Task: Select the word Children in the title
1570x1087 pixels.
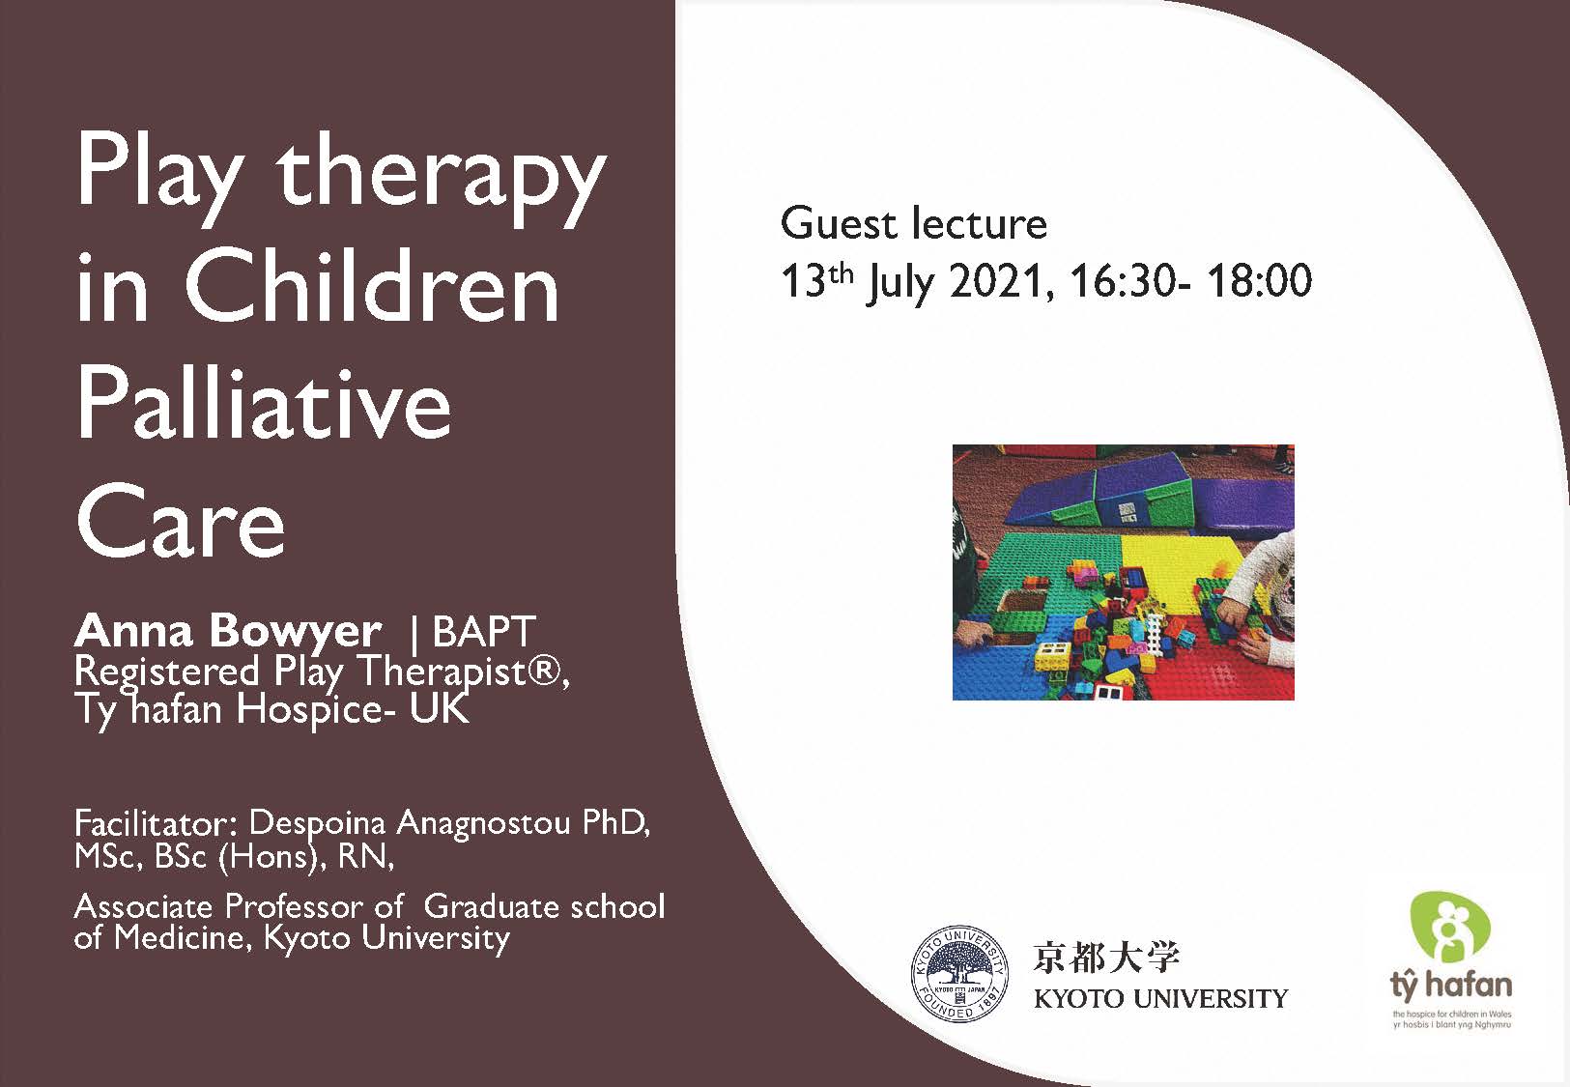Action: pyautogui.click(x=372, y=286)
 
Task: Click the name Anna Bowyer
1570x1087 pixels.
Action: pyautogui.click(x=228, y=631)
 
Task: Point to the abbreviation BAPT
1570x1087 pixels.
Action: pyautogui.click(x=484, y=631)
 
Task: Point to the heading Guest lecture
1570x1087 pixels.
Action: pyautogui.click(x=914, y=223)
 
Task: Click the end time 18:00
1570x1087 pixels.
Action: pyautogui.click(x=1259, y=280)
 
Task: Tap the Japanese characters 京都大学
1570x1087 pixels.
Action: pyautogui.click(x=1106, y=958)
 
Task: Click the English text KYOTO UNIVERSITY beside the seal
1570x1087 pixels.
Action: pyautogui.click(x=1161, y=998)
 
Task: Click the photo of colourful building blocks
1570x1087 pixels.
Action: pyautogui.click(x=1124, y=572)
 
